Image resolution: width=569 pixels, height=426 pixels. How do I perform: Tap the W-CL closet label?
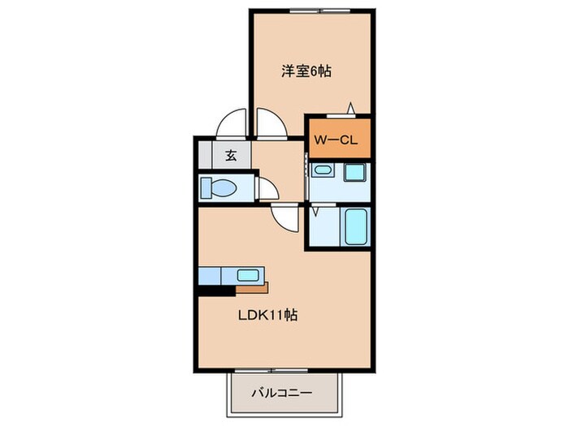coord(337,140)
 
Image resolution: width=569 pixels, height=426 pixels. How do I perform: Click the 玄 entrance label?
coord(231,156)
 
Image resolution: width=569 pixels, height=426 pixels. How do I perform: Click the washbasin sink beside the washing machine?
coord(323,171)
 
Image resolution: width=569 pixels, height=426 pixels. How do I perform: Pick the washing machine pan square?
coord(354,173)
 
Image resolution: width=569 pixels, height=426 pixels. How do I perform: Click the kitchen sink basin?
coord(247,275)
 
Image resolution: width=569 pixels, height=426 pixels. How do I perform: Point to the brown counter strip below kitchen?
coord(252,287)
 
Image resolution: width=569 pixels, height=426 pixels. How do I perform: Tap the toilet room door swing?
coord(267,191)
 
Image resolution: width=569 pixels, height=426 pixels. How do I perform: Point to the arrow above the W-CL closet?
coord(350,108)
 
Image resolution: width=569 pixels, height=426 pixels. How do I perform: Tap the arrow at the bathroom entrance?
coord(315,209)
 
